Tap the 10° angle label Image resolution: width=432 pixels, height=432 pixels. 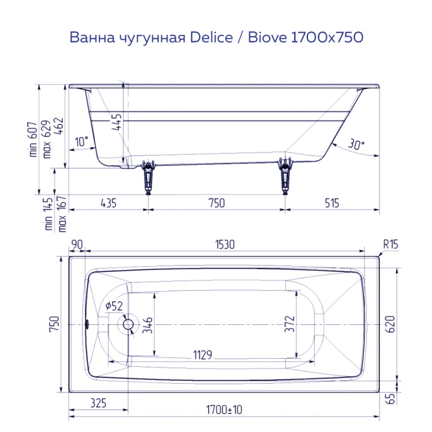coord(81,141)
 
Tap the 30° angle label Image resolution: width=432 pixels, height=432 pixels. coord(355,145)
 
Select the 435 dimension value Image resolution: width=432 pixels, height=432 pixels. coord(108,203)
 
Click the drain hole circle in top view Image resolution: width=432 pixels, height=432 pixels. coord(128,324)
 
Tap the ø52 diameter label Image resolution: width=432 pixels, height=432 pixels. coord(114,306)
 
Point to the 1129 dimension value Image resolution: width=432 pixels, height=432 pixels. coord(202,355)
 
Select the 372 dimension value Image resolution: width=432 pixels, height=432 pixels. coord(289,324)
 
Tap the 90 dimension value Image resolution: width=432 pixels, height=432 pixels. coord(78,245)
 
